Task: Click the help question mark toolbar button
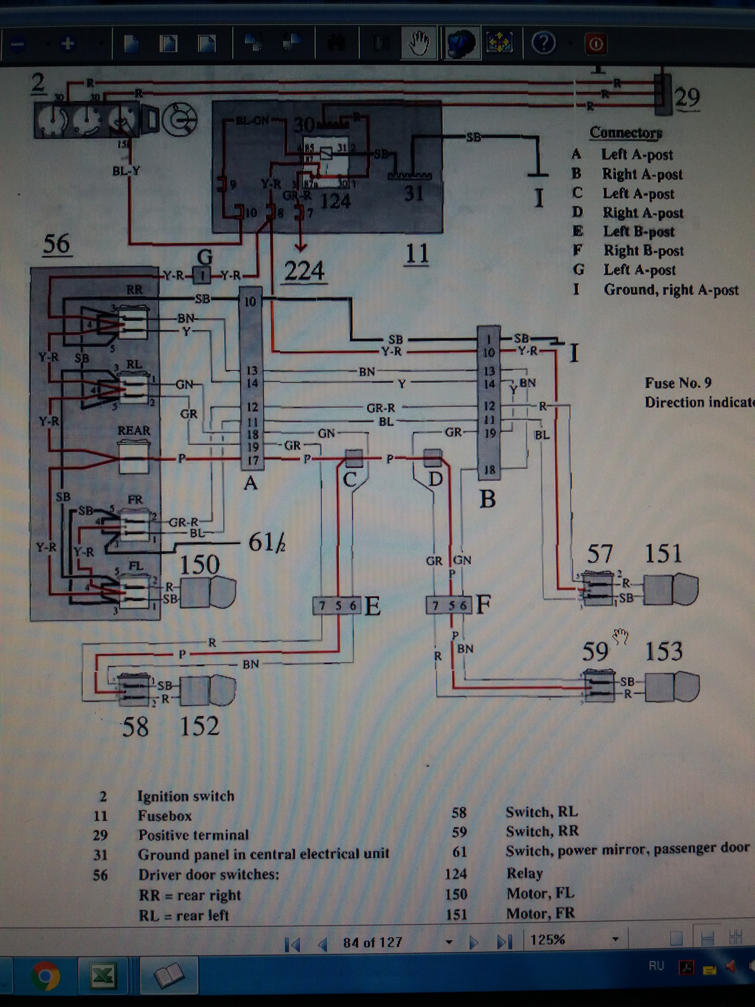coord(543,43)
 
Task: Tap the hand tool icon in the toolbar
coord(419,43)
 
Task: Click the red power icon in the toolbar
coord(596,44)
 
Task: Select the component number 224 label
coord(304,271)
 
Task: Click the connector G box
coord(202,274)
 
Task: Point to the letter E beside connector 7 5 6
coord(372,606)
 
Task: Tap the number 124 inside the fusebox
coord(335,201)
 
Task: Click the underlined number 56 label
coord(57,244)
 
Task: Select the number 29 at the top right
coord(687,98)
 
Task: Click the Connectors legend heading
coord(625,133)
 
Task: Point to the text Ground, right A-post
coord(671,290)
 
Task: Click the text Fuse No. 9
coord(678,383)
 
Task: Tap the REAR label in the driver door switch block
coord(134,431)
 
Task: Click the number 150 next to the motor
coord(199,565)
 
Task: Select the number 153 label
coord(663,651)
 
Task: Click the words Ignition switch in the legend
coord(186,796)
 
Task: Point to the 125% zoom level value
coord(547,940)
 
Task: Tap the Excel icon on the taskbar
coord(103,976)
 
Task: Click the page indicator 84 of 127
coord(372,942)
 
